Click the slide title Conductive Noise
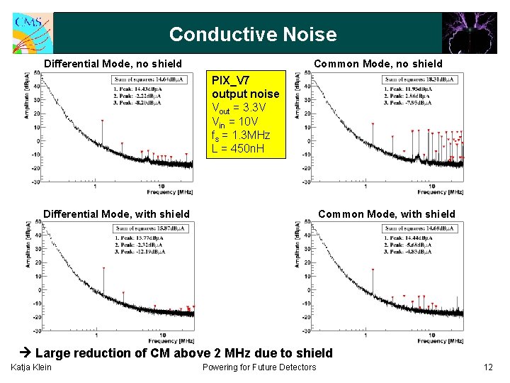coord(253,34)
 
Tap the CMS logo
coord(32,33)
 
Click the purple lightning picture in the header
coord(469,33)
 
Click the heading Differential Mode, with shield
coord(116,213)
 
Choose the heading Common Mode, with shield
coord(387,213)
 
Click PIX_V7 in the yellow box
coord(230,81)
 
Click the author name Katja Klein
coord(32,367)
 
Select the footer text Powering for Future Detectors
coord(259,367)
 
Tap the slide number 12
coord(487,367)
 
